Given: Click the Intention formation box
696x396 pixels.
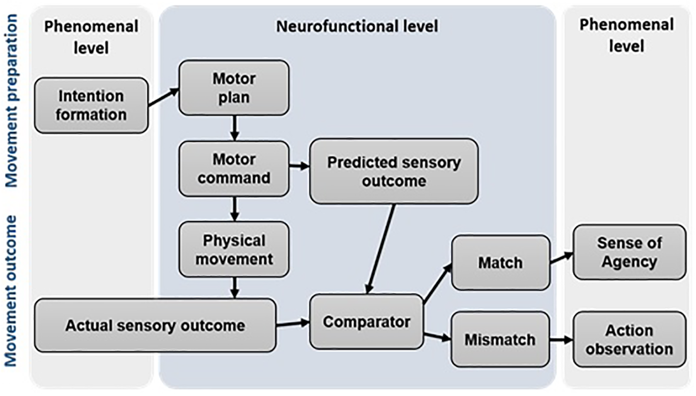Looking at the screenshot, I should (91, 105).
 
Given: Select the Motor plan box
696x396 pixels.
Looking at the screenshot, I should (234, 88).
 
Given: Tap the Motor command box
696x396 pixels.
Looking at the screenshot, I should (234, 169).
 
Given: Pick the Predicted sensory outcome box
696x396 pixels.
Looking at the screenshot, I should (394, 171).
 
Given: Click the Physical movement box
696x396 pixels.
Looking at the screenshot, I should (234, 250).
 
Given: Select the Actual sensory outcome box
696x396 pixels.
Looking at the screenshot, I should (155, 325).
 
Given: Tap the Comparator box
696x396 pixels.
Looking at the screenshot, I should (366, 322).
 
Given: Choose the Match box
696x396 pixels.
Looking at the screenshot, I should (500, 263).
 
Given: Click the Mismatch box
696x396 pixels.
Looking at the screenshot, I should (500, 339).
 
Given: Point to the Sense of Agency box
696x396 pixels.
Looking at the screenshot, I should (629, 252).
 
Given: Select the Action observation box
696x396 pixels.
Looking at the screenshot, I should (629, 339).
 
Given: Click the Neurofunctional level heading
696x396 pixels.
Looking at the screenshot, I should (357, 27).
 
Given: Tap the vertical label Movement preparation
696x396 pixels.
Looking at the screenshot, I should (11, 101).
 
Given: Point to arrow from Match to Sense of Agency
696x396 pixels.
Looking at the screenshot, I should (561, 258).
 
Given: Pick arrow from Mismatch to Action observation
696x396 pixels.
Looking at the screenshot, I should (561, 340).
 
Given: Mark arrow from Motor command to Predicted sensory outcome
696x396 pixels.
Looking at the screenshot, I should (299, 166).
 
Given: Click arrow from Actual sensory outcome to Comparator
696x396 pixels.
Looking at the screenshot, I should (292, 324).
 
